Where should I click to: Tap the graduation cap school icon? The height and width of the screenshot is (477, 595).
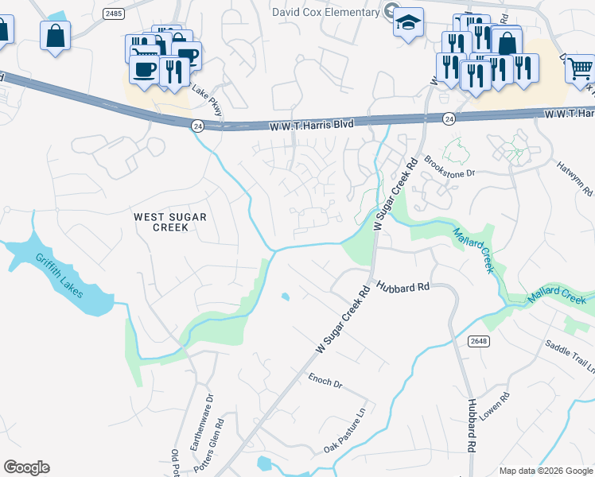tap(408, 22)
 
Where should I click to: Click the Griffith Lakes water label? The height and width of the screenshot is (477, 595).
tap(62, 275)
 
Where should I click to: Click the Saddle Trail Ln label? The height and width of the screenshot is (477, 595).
tap(570, 357)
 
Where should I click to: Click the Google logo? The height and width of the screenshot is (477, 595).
tap(26, 467)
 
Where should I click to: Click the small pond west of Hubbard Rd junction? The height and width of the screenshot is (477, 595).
tap(285, 297)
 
